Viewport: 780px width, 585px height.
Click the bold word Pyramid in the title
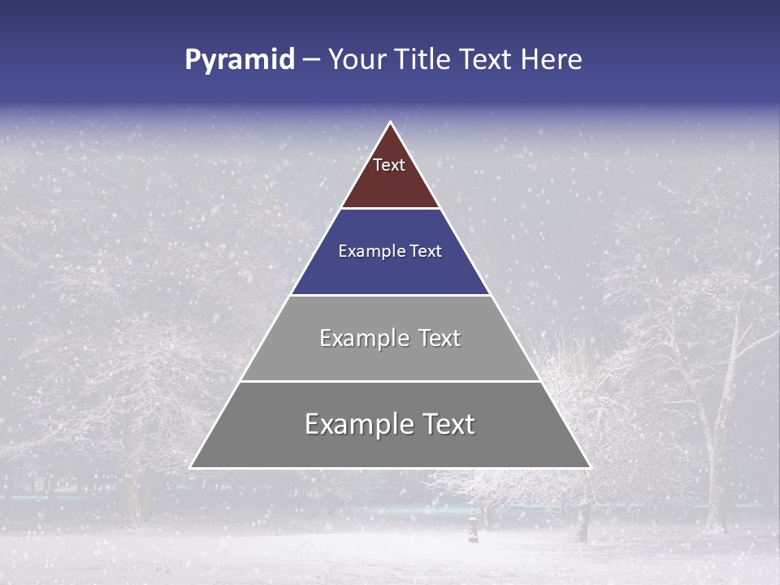pos(239,60)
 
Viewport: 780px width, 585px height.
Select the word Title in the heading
pos(422,60)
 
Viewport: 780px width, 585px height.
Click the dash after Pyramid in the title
pos(310,60)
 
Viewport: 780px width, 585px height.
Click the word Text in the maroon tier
pos(389,165)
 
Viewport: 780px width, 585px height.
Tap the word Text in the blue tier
pos(426,252)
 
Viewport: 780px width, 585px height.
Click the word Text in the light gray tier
pos(440,338)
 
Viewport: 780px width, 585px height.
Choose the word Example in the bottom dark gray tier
pos(350,424)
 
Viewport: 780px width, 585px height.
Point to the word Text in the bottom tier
pos(448,424)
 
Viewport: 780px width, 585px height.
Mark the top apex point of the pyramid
pos(390,123)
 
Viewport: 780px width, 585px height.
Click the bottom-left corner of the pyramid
pos(191,467)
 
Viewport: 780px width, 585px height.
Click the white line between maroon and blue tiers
pos(390,209)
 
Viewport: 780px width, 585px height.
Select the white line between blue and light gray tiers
pos(390,295)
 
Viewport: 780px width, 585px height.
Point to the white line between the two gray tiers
pos(390,381)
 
